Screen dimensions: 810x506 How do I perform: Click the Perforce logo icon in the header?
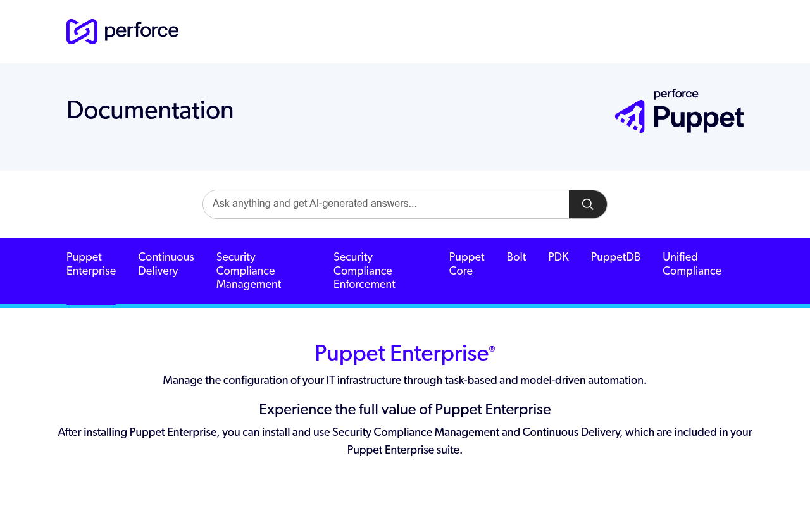tap(82, 32)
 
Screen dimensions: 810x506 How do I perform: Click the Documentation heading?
tap(150, 110)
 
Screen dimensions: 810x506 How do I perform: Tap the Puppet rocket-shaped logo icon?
tap(630, 116)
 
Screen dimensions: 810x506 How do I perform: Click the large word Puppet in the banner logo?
tap(698, 118)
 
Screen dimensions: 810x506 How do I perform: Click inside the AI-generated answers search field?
tap(385, 204)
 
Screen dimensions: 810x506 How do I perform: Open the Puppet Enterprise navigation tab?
tap(91, 264)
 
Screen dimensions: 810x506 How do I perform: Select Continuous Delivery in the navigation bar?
tap(166, 264)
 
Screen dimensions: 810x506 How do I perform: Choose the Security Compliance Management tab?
tap(249, 270)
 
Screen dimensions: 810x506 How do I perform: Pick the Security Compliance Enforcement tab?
tap(364, 270)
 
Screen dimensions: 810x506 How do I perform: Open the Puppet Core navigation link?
tap(466, 264)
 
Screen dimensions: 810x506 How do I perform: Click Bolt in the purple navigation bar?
tap(516, 257)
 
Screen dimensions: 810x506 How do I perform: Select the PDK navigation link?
tap(558, 257)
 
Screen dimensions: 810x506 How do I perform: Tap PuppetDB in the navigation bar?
tap(616, 257)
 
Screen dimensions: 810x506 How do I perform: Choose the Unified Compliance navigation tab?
tap(692, 264)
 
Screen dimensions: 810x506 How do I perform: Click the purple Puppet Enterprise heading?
tap(402, 353)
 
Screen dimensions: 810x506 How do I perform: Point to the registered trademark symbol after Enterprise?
tap(492, 349)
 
